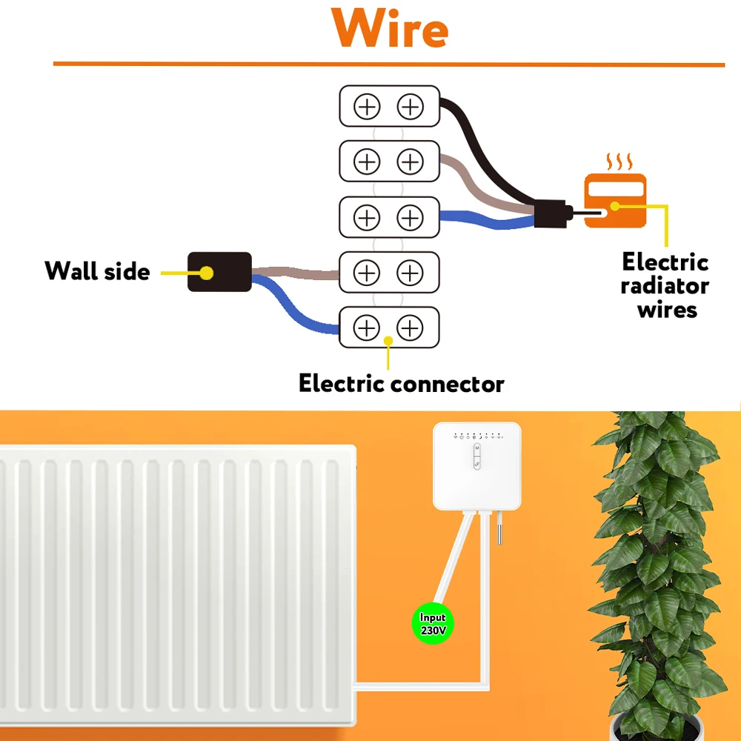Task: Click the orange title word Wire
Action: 390,30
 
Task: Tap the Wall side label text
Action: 97,271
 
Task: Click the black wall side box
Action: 219,272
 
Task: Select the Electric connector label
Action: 401,384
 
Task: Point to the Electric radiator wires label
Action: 665,286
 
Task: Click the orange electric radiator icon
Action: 614,201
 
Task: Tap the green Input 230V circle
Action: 433,623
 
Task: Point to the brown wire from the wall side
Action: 296,272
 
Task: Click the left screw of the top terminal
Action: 367,107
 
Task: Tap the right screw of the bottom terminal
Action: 410,327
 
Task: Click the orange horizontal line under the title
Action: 388,64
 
